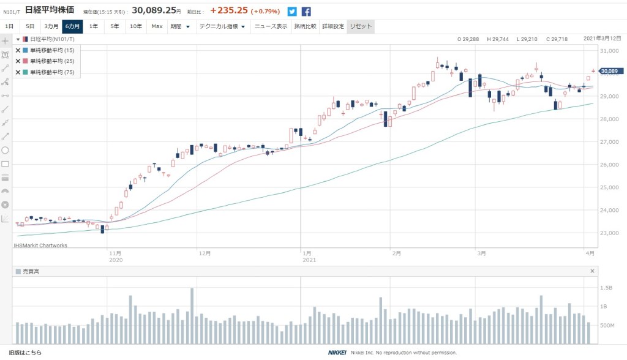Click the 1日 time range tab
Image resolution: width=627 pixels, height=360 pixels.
click(x=9, y=26)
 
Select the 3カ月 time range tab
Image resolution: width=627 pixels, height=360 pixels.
click(x=51, y=26)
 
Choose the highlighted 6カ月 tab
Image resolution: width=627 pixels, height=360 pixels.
click(x=72, y=26)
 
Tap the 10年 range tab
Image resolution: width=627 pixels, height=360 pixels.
click(x=135, y=26)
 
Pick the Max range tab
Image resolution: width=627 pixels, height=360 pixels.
click(x=157, y=26)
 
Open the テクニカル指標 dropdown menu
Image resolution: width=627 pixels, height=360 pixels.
click(x=222, y=26)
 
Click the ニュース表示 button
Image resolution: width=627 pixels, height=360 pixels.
click(x=271, y=26)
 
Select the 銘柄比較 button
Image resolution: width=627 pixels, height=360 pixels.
click(x=304, y=26)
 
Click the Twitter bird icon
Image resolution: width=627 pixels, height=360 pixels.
click(x=292, y=11)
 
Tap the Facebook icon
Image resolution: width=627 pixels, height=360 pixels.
click(x=306, y=11)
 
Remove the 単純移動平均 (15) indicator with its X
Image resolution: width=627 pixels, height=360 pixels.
click(x=18, y=50)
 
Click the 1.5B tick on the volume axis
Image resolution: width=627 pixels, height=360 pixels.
click(x=606, y=287)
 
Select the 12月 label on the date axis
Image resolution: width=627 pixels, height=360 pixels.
click(x=205, y=252)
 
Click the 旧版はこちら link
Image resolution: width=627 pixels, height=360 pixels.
click(x=22, y=353)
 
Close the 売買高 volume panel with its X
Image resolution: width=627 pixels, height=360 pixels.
click(x=592, y=271)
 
